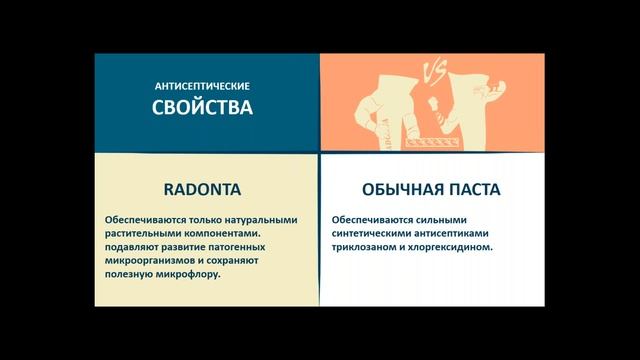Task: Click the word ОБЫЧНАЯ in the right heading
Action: [x=394, y=188]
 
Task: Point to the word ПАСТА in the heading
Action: [x=473, y=188]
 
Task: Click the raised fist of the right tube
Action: [x=436, y=103]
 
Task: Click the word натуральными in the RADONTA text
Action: [x=250, y=219]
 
